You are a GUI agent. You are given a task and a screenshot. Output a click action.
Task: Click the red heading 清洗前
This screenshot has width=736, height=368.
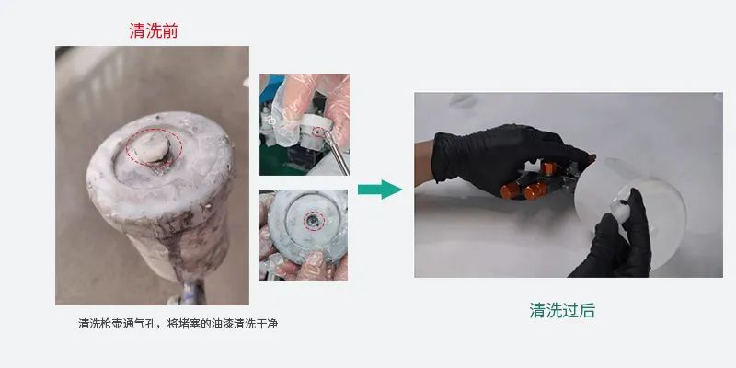pos(154,30)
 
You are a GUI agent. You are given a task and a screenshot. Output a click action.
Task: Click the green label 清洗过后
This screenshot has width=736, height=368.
pos(562,310)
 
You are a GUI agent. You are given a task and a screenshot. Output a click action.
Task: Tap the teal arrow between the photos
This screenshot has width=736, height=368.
pos(380,190)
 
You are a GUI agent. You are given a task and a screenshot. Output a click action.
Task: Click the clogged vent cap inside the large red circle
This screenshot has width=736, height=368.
pos(149,146)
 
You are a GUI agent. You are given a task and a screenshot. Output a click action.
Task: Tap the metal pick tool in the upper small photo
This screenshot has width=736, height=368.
pos(338,153)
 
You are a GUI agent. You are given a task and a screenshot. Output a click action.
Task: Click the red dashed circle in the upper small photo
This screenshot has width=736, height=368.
pos(318,132)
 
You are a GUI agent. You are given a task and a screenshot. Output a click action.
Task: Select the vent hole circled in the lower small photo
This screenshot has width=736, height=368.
pos(313,221)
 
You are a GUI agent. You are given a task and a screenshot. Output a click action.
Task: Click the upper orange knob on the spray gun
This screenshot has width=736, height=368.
pos(548,167)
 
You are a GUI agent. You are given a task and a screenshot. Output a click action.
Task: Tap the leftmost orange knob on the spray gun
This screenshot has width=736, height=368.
pos(510,190)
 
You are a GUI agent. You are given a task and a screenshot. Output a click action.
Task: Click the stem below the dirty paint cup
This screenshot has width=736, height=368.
pos(191,293)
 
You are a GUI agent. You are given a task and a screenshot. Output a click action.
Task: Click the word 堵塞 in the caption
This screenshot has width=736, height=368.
pos(188,324)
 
